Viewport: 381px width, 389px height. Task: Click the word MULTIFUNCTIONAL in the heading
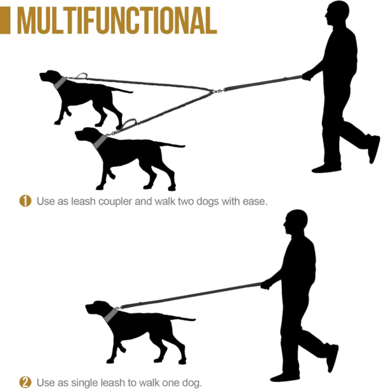click(117, 20)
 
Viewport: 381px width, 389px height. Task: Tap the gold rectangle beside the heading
click(5, 20)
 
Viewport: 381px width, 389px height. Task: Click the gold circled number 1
click(25, 201)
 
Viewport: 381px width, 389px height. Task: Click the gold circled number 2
click(25, 382)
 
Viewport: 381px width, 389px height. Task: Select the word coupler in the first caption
click(116, 201)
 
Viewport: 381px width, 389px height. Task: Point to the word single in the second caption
click(82, 383)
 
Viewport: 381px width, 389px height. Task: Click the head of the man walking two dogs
click(337, 13)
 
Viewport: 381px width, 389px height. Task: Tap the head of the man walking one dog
click(295, 222)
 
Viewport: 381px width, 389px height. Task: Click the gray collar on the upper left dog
click(60, 83)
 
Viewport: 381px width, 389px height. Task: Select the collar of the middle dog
click(100, 142)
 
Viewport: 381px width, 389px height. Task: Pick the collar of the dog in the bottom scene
click(110, 315)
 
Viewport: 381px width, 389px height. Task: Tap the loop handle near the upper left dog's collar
click(82, 76)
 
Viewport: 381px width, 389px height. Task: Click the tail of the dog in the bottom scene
click(183, 318)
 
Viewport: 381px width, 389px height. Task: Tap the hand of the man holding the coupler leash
click(307, 76)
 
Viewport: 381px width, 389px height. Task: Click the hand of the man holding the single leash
click(265, 284)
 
